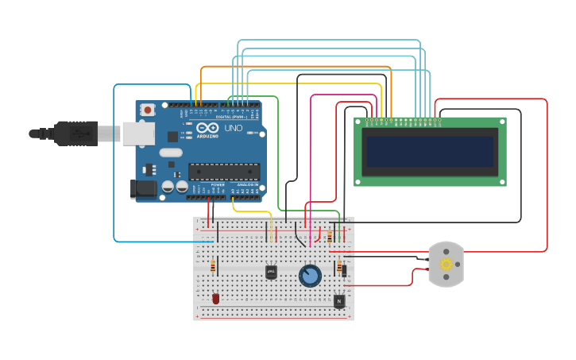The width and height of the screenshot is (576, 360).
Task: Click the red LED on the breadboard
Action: click(x=215, y=299)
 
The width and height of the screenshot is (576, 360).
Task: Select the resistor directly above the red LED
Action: click(x=213, y=266)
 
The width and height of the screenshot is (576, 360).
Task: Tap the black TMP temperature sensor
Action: click(x=271, y=272)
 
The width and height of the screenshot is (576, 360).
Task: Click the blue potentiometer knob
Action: click(x=310, y=276)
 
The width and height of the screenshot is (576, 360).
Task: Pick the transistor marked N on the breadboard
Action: click(x=339, y=301)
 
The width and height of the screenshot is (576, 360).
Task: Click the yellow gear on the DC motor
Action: click(x=446, y=265)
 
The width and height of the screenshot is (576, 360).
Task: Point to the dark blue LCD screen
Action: click(x=429, y=152)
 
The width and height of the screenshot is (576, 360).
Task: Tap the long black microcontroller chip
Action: click(x=224, y=171)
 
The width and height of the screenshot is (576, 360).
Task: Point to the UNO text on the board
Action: click(x=234, y=128)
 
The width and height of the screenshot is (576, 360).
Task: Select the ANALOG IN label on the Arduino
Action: click(x=245, y=184)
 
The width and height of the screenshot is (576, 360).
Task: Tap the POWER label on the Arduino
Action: click(x=218, y=184)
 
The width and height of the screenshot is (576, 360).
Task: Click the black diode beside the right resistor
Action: click(x=344, y=270)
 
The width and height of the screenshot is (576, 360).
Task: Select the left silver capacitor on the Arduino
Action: click(x=168, y=187)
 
